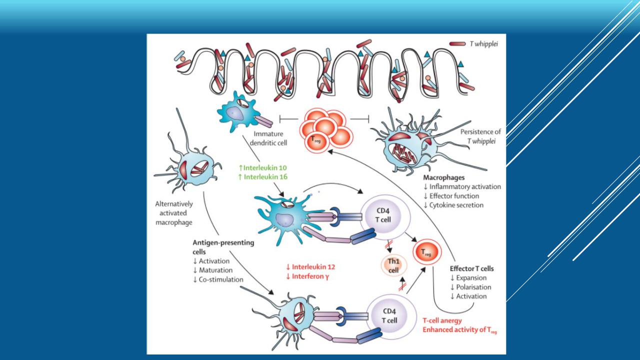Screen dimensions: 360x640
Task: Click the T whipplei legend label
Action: coord(483,44)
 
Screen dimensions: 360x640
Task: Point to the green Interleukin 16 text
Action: coord(266,176)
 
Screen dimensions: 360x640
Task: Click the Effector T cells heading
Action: coord(472,268)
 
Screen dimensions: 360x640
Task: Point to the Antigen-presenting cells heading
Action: coord(223,247)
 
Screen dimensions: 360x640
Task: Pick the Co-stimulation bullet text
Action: coord(218,279)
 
